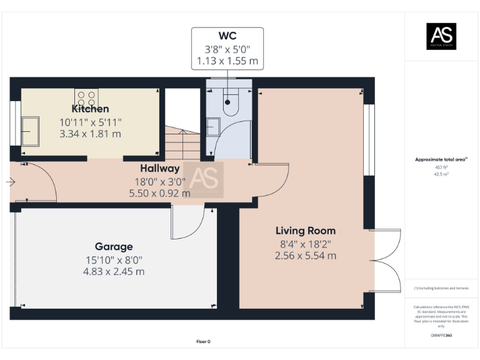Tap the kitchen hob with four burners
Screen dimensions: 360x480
(x=87, y=97)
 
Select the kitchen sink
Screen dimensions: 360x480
(x=30, y=132)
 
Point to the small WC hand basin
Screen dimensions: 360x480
(x=211, y=127)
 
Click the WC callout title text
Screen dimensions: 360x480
(x=227, y=34)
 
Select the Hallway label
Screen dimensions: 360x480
(x=159, y=168)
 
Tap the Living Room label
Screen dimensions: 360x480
(x=305, y=231)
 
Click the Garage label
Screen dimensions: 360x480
(x=114, y=246)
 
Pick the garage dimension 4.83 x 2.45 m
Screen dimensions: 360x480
(x=114, y=271)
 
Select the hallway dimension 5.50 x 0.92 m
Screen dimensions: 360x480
(x=159, y=193)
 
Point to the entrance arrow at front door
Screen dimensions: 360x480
(x=10, y=182)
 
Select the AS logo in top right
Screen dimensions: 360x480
(x=441, y=36)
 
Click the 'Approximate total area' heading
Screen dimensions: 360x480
(x=441, y=159)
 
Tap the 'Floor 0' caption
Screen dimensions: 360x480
(x=203, y=341)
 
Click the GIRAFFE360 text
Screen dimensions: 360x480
(x=441, y=336)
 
